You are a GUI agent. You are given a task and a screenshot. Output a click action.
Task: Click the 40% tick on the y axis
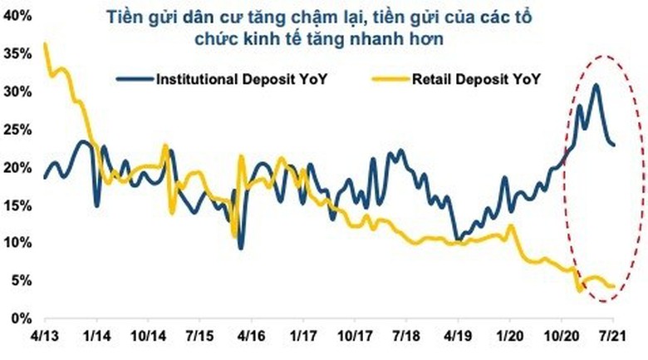(x=16, y=16)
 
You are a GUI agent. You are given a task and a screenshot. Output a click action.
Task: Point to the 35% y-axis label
(x=16, y=53)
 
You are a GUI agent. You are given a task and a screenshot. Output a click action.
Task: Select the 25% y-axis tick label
(x=16, y=129)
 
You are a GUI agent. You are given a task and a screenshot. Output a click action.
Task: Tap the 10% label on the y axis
(x=16, y=243)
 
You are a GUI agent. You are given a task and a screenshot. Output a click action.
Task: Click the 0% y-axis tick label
(x=19, y=318)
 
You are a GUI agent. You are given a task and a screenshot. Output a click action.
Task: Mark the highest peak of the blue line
(x=595, y=85)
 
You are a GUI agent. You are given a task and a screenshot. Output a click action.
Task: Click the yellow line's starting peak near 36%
(x=45, y=44)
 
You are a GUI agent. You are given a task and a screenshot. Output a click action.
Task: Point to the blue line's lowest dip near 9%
(x=240, y=247)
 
